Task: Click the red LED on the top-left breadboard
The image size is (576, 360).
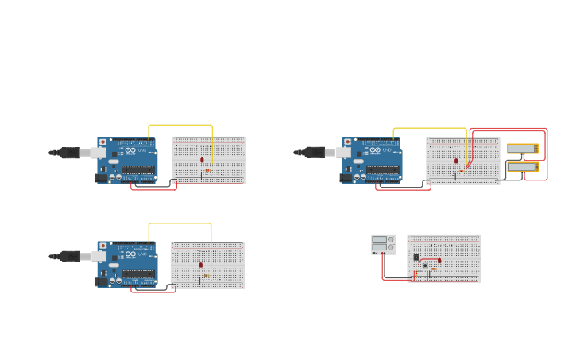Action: click(x=202, y=160)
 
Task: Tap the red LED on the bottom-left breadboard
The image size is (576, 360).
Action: click(x=201, y=265)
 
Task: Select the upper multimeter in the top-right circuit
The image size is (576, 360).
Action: click(x=522, y=149)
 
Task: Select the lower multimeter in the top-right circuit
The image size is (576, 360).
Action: click(x=522, y=167)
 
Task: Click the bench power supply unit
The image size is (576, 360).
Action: click(x=383, y=244)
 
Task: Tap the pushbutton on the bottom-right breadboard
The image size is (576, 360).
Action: click(x=425, y=265)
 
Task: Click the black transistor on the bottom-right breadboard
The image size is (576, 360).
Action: click(x=416, y=257)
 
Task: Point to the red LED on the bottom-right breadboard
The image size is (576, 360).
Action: click(x=439, y=261)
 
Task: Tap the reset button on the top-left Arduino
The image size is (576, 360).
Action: click(x=102, y=142)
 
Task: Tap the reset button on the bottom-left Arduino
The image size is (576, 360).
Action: click(x=102, y=246)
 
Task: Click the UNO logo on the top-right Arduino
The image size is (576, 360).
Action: click(x=387, y=150)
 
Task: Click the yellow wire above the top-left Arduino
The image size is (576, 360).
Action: click(x=180, y=125)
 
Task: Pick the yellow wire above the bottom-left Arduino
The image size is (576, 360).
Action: click(x=180, y=223)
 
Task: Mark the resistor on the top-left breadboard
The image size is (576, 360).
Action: click(x=207, y=170)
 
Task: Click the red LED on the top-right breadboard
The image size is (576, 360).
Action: click(x=456, y=161)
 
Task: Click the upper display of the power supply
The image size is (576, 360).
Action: click(x=379, y=239)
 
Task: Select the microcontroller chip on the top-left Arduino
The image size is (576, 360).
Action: click(x=137, y=169)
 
